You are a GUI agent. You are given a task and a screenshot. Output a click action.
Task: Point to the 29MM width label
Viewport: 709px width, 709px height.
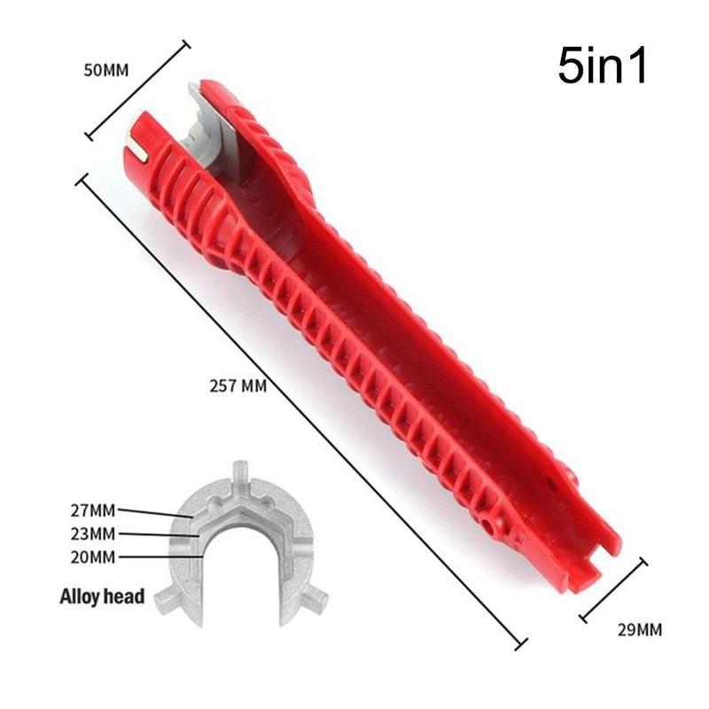(639, 631)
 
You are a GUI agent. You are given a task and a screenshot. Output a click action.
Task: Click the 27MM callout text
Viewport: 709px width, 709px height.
(91, 510)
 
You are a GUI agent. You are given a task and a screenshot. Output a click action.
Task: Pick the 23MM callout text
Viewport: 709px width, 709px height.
(91, 534)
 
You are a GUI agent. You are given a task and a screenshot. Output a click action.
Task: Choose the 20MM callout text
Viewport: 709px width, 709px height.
(91, 557)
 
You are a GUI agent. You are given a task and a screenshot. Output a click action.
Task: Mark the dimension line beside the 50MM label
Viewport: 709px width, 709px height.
(137, 90)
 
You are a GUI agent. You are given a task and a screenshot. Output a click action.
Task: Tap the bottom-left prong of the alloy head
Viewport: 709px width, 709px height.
(165, 604)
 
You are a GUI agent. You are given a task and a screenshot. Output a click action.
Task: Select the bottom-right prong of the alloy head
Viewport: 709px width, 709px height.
(313, 603)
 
